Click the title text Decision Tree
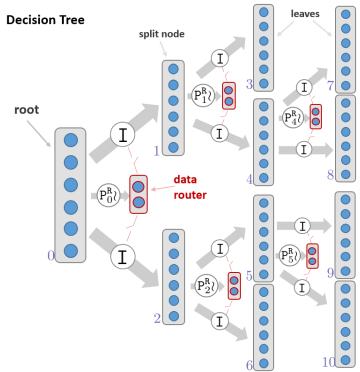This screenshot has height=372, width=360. tap(53, 19)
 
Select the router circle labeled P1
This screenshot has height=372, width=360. tap(203, 97)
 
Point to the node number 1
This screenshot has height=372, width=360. tap(156, 151)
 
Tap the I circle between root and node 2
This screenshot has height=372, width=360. tap(121, 256)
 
